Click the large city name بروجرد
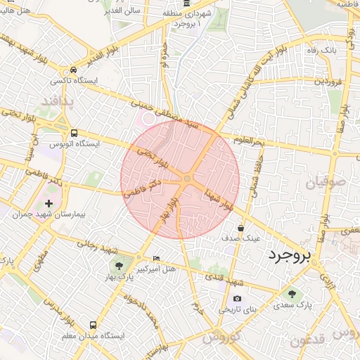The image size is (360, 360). (288, 257)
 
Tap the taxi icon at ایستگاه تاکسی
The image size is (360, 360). (74, 71)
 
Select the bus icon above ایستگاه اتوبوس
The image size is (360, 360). (74, 132)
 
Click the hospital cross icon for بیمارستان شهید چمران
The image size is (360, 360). (49, 203)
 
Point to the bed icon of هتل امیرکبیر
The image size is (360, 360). (156, 258)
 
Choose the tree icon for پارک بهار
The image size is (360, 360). (117, 266)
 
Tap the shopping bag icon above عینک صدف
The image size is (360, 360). (241, 228)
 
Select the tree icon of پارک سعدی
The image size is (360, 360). (292, 294)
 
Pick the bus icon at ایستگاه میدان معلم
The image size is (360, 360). (93, 325)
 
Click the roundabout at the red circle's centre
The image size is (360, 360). (186, 181)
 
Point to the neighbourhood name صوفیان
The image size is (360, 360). (324, 186)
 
